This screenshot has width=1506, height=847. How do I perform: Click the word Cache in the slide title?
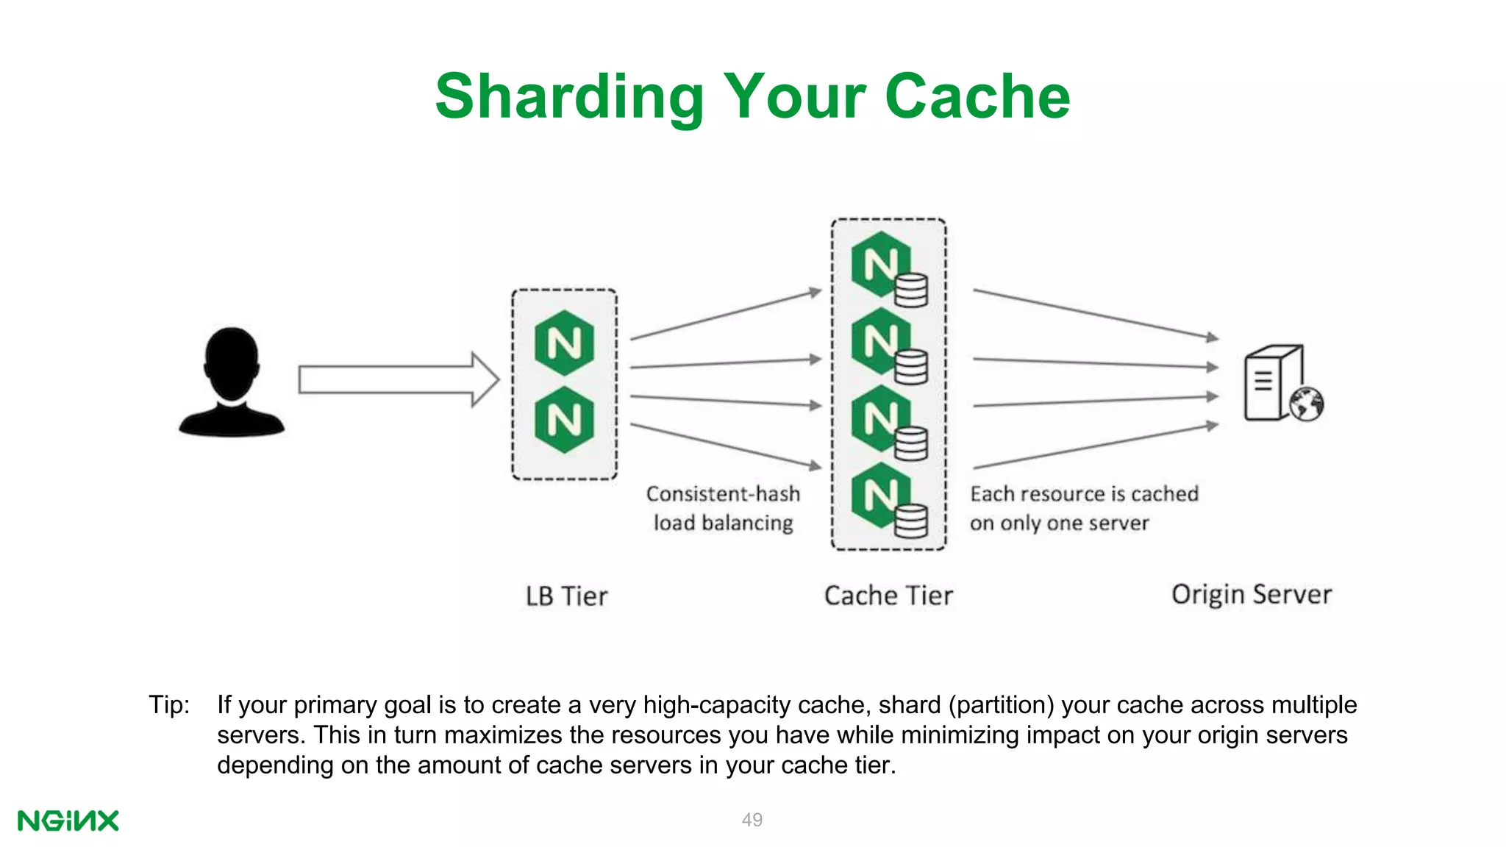977,97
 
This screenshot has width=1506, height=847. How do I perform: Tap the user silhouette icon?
232,382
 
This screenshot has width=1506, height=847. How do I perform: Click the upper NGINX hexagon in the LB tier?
564,343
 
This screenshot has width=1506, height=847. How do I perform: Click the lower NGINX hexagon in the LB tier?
564,420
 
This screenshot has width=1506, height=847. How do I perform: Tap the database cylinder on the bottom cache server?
912,521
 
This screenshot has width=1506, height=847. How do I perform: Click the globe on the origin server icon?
1307,404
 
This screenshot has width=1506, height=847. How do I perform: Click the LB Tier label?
566,596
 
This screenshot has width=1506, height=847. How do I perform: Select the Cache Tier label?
888,596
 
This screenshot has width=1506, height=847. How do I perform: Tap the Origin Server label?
1251,594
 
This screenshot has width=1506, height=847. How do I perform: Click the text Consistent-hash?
723,494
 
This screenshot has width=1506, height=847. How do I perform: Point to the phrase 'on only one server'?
1059,523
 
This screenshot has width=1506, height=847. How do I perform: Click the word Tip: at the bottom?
169,704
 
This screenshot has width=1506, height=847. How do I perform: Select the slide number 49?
752,820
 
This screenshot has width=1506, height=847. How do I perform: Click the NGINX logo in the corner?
68,821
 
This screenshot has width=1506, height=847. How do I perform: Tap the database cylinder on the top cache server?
912,290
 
